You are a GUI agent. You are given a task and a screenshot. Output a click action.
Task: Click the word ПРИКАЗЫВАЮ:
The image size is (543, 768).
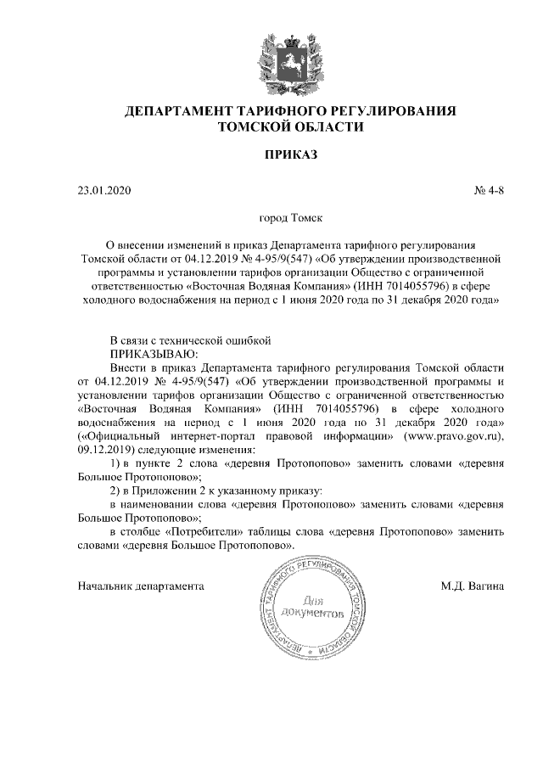154,353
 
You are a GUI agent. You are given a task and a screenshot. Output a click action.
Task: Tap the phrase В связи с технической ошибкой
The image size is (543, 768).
190,339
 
